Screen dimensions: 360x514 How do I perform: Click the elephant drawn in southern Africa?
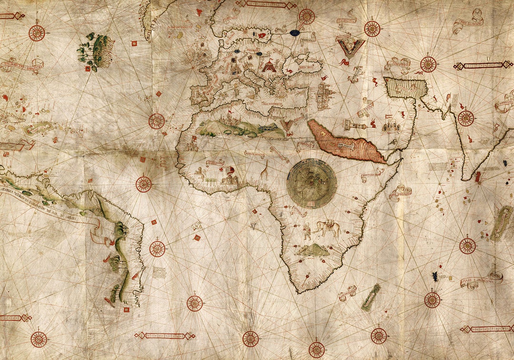327,228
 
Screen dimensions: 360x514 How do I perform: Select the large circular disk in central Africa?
312,183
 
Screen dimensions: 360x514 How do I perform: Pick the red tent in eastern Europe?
269,65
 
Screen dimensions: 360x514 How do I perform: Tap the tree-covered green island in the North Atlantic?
98,50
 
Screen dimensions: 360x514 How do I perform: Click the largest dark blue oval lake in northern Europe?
295,33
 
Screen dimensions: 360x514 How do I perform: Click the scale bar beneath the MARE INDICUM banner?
485,329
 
